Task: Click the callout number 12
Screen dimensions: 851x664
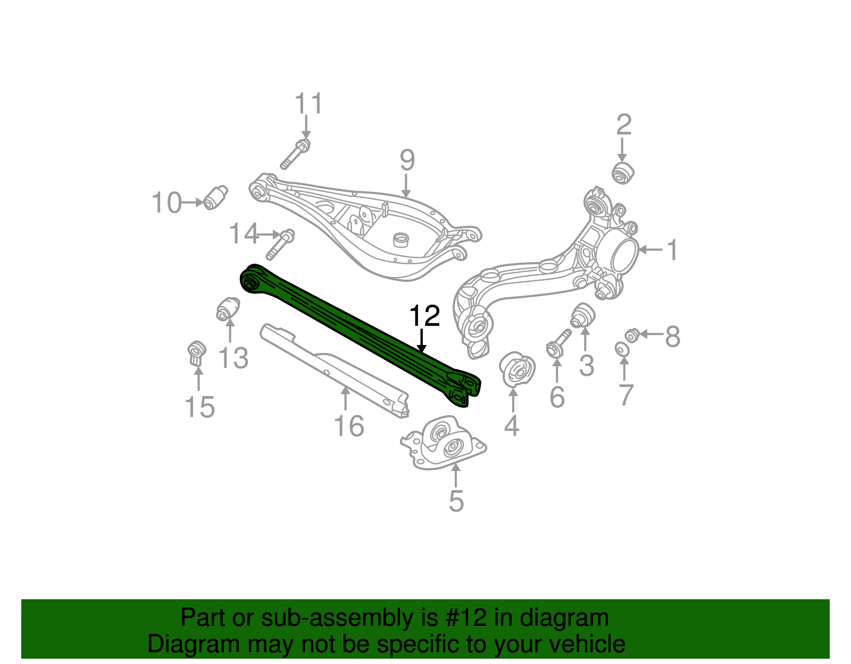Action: click(x=424, y=316)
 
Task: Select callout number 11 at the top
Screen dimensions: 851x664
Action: click(x=308, y=104)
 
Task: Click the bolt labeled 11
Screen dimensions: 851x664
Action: click(x=295, y=154)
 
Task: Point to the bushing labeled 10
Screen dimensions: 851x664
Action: click(x=215, y=197)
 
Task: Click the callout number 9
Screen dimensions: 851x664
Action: click(x=407, y=160)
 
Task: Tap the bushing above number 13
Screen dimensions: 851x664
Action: click(x=228, y=309)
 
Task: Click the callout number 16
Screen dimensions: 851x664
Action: click(x=348, y=426)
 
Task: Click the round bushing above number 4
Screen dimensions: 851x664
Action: click(x=517, y=369)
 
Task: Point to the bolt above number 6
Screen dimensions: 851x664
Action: click(x=558, y=342)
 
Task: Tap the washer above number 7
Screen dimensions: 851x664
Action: click(x=621, y=349)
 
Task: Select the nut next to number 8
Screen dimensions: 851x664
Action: click(x=632, y=335)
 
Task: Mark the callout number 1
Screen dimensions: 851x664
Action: click(x=673, y=250)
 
